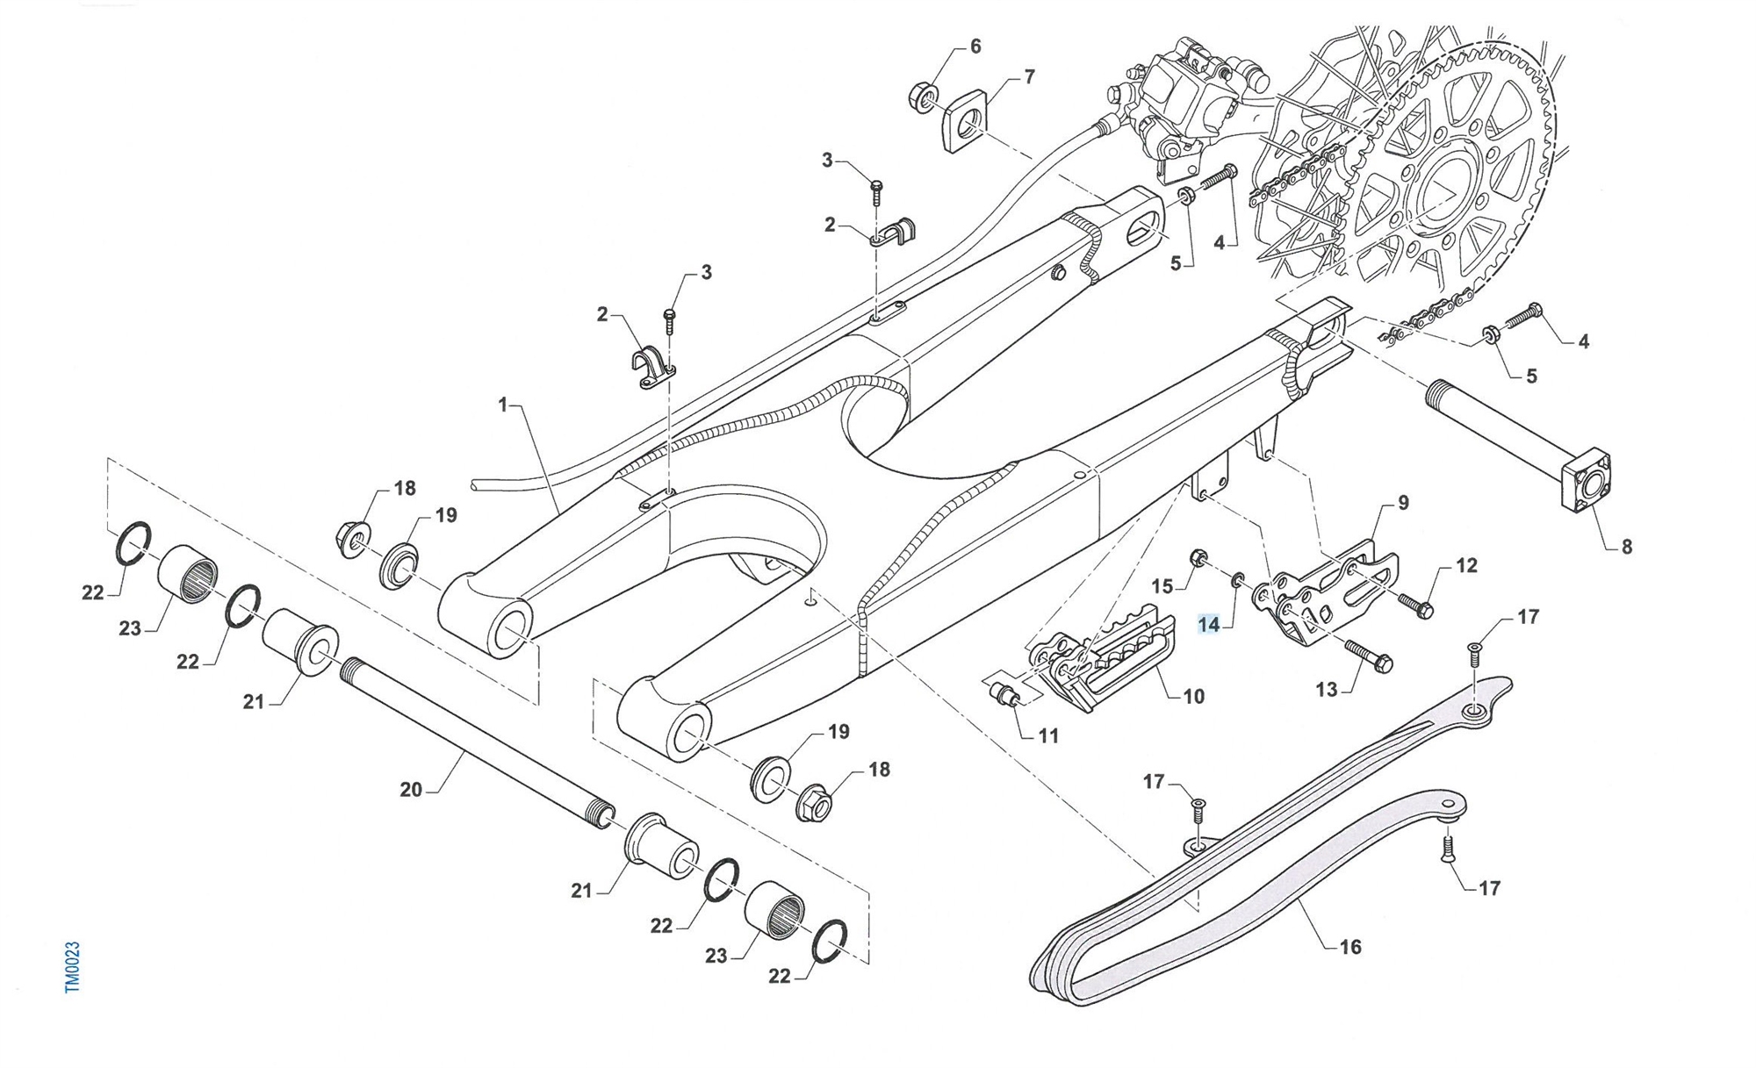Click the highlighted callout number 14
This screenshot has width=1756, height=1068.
(x=1209, y=625)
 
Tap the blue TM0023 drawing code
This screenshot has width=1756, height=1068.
(x=73, y=967)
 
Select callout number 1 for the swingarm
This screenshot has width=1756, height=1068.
(x=503, y=405)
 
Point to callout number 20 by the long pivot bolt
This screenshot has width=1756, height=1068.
(x=411, y=790)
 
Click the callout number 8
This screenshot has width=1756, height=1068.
(x=1626, y=547)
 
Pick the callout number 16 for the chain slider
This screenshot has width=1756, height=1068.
(x=1350, y=947)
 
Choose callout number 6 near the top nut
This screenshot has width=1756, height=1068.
(x=975, y=47)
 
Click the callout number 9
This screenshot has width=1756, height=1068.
(x=1403, y=503)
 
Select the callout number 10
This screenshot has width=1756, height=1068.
(x=1194, y=697)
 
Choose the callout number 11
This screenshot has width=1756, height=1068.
(x=1048, y=736)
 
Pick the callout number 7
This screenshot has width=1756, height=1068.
(x=1029, y=77)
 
